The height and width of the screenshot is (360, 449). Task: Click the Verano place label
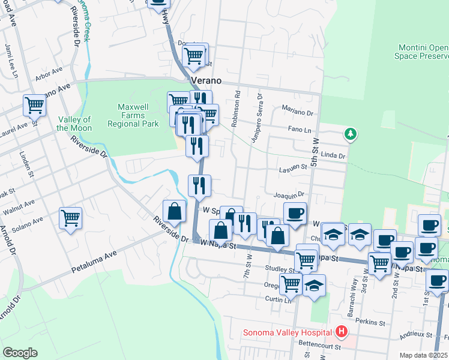[x=206, y=80]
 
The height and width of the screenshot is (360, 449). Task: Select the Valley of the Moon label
[x=74, y=124]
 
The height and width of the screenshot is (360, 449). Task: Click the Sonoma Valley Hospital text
[x=288, y=332]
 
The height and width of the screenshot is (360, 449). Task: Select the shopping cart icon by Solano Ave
[x=70, y=217]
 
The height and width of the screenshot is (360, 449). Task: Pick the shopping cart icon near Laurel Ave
[x=34, y=105]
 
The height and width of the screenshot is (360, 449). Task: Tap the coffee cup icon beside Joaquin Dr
[x=294, y=213]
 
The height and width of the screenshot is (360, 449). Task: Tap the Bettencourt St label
[x=320, y=346]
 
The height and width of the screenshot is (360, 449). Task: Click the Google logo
[x=20, y=353]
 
